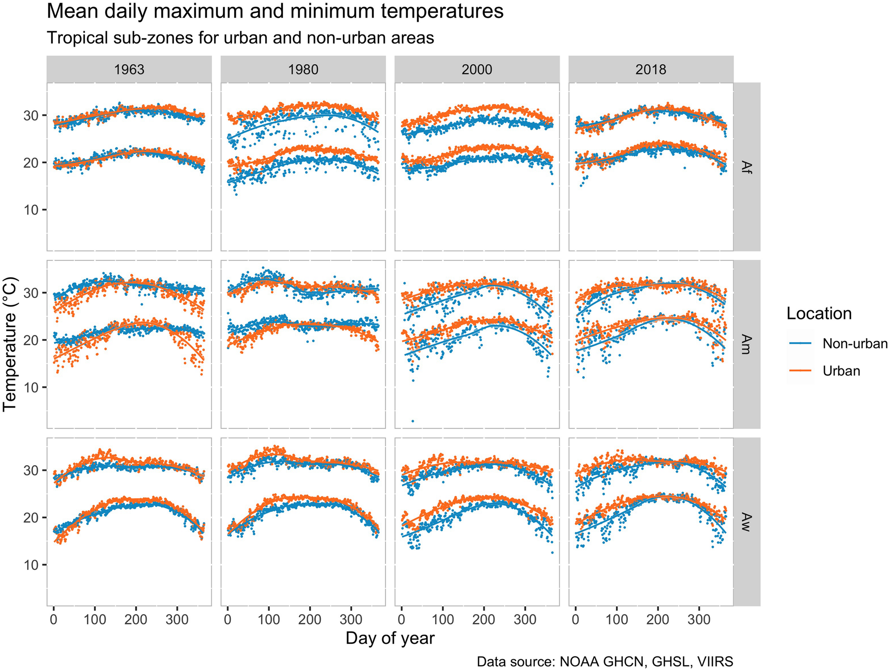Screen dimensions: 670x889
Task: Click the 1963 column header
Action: pos(129,70)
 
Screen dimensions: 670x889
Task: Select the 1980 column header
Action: pos(303,70)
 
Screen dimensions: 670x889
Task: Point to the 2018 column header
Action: pos(651,70)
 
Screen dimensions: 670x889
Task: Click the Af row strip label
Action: pos(746,167)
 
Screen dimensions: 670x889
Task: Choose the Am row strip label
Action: pos(746,344)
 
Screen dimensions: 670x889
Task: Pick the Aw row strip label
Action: pos(746,522)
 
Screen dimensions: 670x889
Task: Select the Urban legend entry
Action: pos(841,371)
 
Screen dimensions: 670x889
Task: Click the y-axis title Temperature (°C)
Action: pos(10,344)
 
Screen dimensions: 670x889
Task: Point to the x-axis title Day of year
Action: pos(390,638)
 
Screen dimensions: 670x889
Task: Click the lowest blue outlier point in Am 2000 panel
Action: pos(413,421)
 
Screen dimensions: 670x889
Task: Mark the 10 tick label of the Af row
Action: pos(31,210)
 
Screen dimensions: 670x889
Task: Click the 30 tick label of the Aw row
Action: pos(31,470)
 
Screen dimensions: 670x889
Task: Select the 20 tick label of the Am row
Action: pos(31,340)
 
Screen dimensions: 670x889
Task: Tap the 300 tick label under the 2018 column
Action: pos(698,620)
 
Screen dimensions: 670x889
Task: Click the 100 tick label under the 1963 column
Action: pos(95,620)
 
